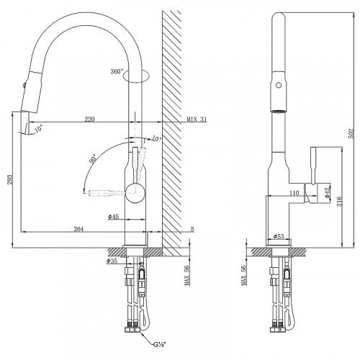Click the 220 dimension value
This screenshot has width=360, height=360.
click(89, 119)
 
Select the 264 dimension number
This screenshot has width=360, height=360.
click(78, 229)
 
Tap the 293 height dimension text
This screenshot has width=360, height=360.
click(9, 179)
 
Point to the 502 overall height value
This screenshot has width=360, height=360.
click(351, 133)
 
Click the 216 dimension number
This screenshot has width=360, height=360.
click(339, 201)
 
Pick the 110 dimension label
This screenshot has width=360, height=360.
click(294, 193)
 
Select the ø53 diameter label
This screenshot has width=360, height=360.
click(279, 236)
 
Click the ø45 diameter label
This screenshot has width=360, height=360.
click(113, 217)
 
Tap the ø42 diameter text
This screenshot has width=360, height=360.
click(328, 192)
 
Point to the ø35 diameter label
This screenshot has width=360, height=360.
click(112, 261)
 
